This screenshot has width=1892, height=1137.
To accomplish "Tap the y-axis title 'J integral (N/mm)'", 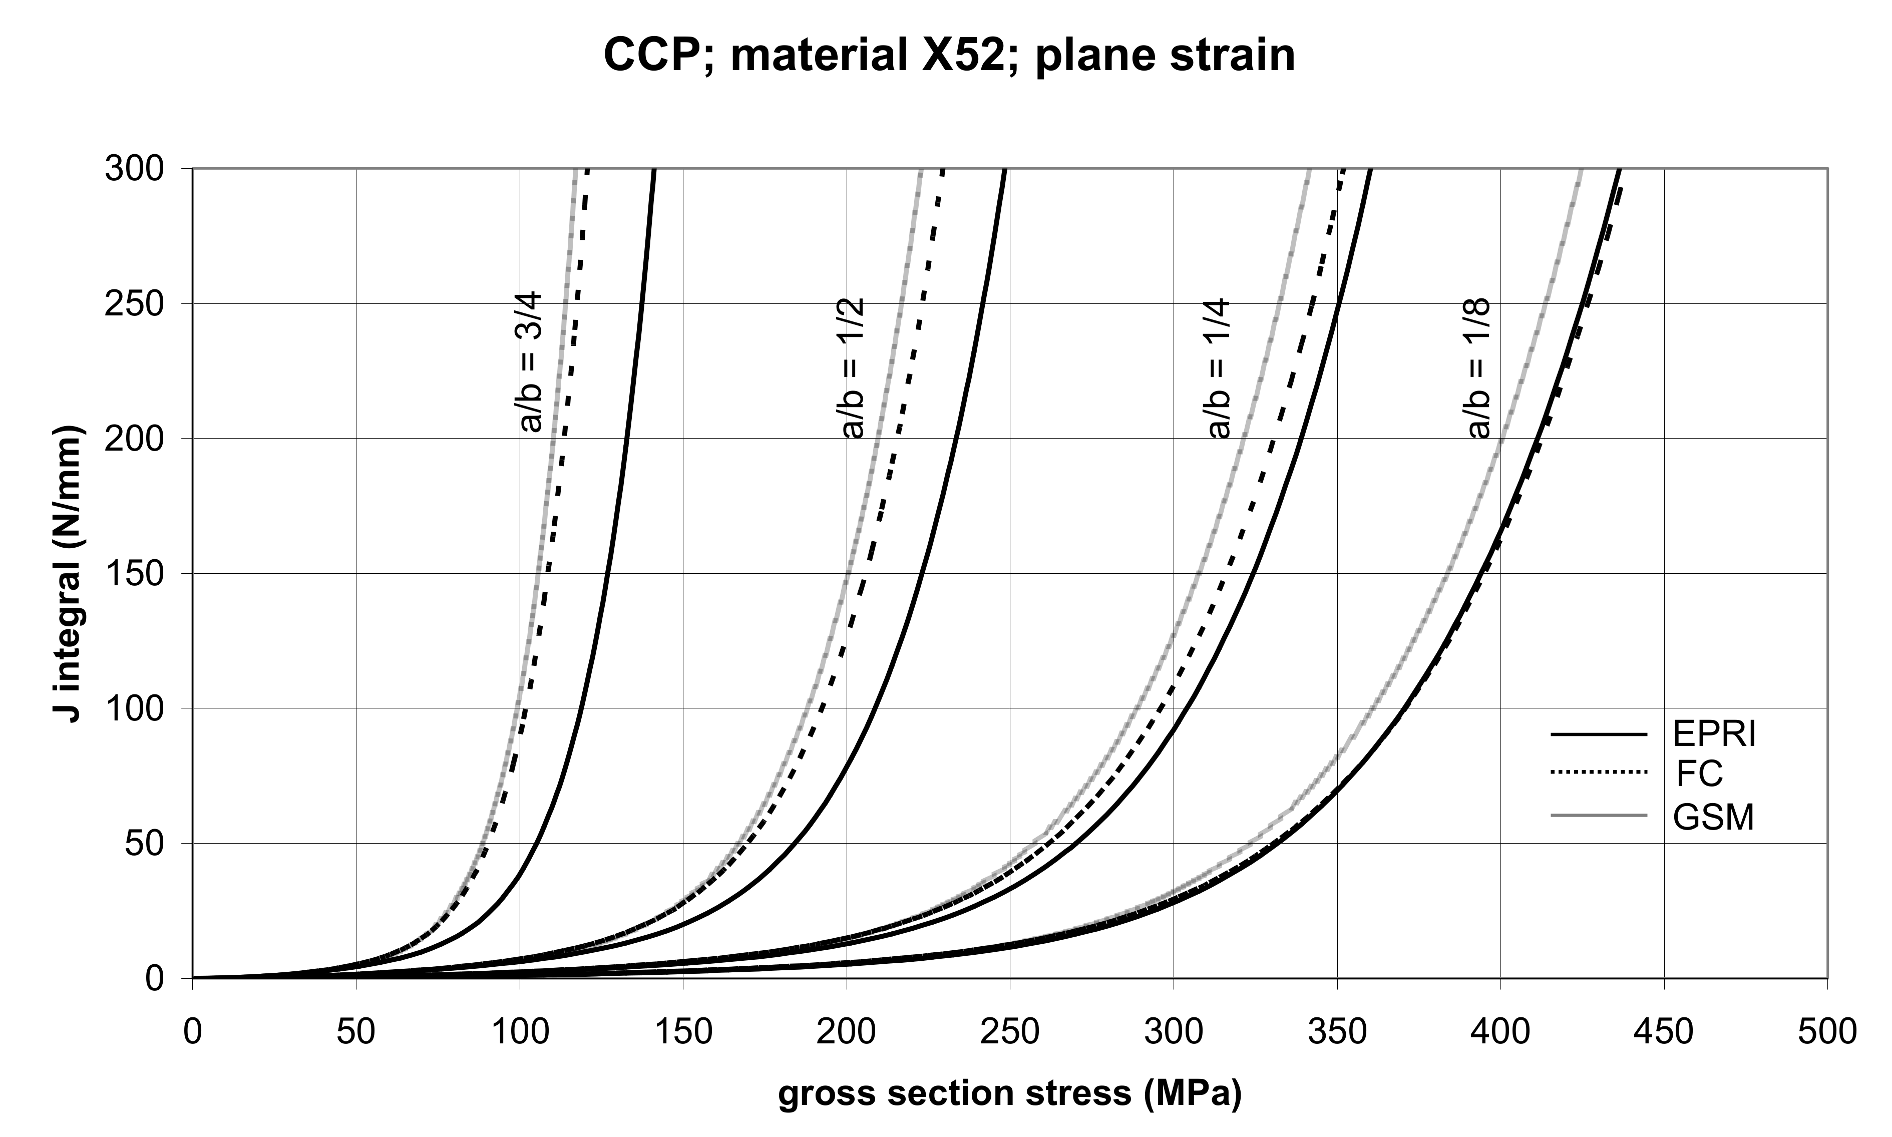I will pyautogui.click(x=68, y=573).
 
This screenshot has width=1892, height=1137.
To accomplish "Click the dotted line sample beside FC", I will pyautogui.click(x=1599, y=774).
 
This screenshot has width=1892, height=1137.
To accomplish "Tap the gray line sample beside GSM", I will pyautogui.click(x=1599, y=817).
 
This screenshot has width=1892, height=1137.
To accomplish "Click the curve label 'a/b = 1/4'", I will pyautogui.click(x=1219, y=368).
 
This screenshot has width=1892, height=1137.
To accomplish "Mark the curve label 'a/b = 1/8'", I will pyautogui.click(x=1479, y=368).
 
